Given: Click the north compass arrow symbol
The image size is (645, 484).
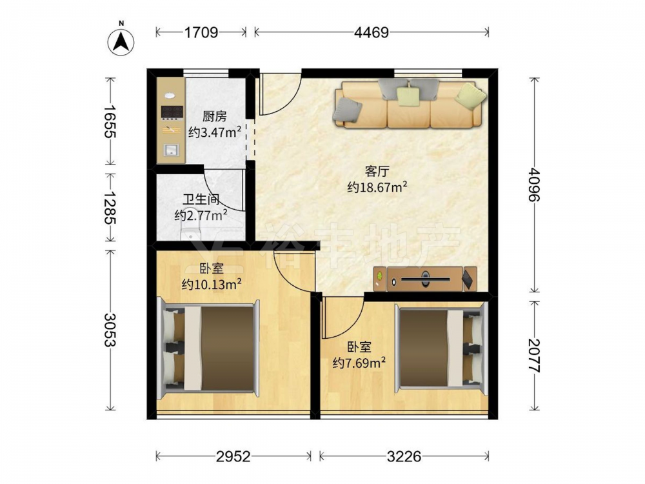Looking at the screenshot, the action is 121,41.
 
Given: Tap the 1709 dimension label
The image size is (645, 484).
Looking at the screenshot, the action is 201,32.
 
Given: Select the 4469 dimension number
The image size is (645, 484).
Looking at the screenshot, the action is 372,32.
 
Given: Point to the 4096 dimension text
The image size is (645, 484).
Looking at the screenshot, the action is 534,184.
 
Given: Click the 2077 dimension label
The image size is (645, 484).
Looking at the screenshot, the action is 534,356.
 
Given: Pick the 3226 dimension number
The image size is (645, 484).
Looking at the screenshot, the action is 404,456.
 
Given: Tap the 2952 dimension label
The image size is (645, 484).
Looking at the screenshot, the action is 233,456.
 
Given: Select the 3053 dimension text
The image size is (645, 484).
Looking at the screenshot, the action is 110,330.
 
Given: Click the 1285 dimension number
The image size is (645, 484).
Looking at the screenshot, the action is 110,207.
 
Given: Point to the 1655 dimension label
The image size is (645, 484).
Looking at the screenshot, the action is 110,121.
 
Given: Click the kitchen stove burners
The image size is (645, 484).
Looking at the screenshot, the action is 172,112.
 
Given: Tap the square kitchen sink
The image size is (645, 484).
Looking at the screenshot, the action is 170,150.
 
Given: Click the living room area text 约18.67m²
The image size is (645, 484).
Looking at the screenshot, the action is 377,188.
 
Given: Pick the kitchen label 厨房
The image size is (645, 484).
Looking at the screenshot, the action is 214,116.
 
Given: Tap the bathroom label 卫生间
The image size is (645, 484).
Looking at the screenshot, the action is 201,200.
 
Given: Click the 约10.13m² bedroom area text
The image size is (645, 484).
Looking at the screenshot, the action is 212,285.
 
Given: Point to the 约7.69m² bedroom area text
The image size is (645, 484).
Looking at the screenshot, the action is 359,363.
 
